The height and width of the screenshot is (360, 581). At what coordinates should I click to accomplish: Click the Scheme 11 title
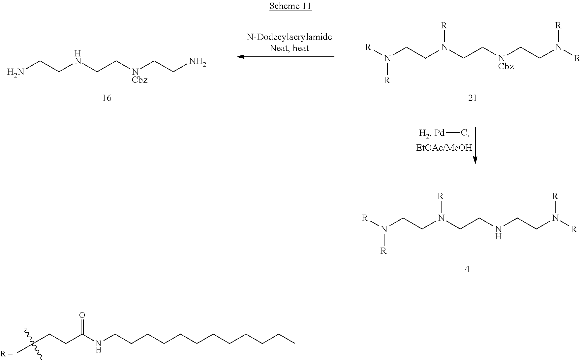(290, 6)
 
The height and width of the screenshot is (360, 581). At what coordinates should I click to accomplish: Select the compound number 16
(107, 98)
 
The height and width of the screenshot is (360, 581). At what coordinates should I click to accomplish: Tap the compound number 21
(473, 98)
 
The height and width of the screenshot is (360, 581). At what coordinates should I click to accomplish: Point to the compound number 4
(467, 269)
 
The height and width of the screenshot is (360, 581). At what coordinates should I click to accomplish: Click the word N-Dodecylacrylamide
(289, 37)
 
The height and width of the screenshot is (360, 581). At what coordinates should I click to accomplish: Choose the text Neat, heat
(289, 48)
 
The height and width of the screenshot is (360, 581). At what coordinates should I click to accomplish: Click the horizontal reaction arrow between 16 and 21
(286, 57)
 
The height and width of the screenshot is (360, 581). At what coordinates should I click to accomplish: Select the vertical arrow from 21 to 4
(475, 145)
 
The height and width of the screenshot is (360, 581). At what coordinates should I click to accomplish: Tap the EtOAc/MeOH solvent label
(444, 148)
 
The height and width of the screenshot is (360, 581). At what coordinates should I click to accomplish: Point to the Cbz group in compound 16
(139, 80)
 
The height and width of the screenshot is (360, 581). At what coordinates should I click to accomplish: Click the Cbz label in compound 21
(506, 67)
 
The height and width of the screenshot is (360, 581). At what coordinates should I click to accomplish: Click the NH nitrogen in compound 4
(498, 232)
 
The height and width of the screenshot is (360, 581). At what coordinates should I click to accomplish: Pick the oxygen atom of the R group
(82, 315)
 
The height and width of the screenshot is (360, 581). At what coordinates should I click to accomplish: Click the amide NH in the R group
(98, 346)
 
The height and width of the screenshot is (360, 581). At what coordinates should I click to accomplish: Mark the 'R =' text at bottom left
(7, 354)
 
